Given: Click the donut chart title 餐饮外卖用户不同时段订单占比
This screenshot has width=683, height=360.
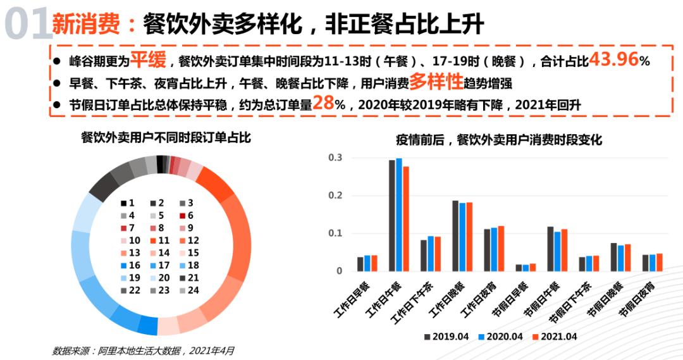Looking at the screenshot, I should (x=166, y=137).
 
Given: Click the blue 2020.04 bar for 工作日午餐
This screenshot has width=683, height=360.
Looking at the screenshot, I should (x=399, y=214).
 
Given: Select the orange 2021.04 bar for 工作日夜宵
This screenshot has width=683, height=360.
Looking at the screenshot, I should (x=501, y=248).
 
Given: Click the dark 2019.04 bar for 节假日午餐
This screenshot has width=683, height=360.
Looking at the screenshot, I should (x=550, y=249).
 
